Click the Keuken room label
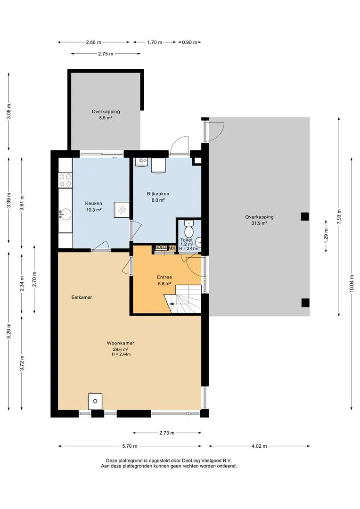(x=93, y=203)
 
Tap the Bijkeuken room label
(x=158, y=194)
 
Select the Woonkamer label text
(x=121, y=343)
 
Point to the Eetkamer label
(x=82, y=297)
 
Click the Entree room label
(x=164, y=277)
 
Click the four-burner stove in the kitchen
(x=65, y=180)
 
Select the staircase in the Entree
(x=182, y=299)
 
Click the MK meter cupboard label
(x=172, y=248)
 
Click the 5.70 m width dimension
(x=130, y=446)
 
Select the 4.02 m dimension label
(x=259, y=446)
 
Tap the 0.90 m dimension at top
(x=189, y=42)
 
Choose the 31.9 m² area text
(x=259, y=223)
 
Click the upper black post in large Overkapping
(x=304, y=216)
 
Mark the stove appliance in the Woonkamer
(x=95, y=401)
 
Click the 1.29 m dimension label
(x=326, y=236)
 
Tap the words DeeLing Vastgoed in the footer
(x=200, y=460)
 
